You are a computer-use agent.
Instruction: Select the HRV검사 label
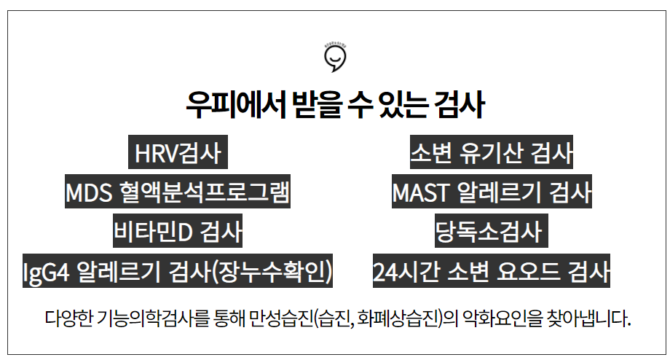(177, 154)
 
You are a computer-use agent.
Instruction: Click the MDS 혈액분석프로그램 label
(178, 193)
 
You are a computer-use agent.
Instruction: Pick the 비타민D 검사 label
(177, 232)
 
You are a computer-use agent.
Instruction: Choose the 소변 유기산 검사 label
(492, 154)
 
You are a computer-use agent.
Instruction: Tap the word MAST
(420, 193)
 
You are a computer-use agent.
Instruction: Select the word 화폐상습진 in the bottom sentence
(398, 319)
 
